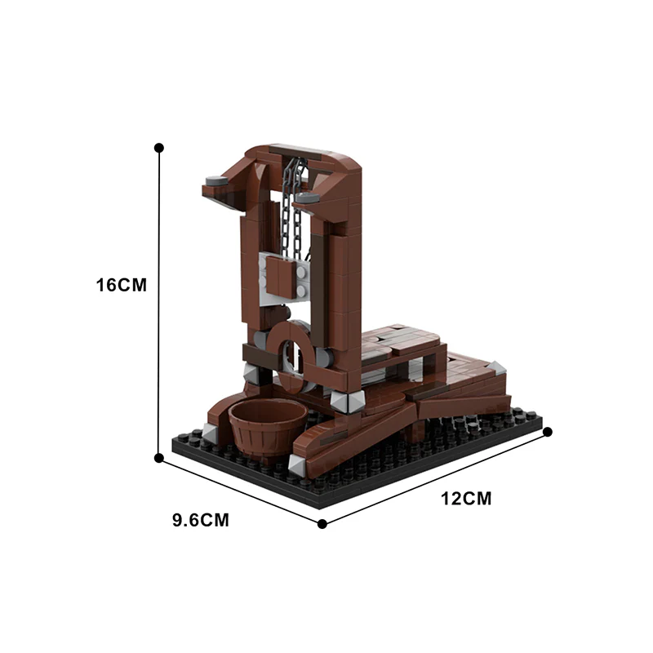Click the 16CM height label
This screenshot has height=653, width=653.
(121, 285)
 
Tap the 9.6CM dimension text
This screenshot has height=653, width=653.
(200, 520)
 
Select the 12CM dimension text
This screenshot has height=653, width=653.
(466, 499)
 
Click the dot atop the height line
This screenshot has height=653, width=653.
(159, 148)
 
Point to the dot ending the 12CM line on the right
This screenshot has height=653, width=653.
(548, 432)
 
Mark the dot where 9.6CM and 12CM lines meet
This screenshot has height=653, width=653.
(322, 523)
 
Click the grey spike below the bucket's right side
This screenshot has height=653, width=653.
(295, 464)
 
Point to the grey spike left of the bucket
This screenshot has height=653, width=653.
(211, 434)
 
